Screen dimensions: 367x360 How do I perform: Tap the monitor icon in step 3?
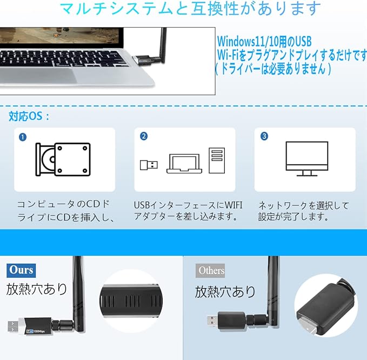306,158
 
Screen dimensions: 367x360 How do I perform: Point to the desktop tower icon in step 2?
216,161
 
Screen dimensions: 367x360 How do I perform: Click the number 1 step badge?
23,137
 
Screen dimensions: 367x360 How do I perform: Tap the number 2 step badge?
143,136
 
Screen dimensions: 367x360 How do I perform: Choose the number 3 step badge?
264,136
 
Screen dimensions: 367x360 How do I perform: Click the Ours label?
21,270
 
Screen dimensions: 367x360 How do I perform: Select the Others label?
211,270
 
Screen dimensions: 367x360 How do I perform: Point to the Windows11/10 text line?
264,42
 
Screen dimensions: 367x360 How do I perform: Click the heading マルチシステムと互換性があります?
190,9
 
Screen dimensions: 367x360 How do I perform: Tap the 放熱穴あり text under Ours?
37,289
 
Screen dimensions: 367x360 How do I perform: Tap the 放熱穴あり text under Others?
225,292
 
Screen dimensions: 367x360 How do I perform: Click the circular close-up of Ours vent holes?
132,299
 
